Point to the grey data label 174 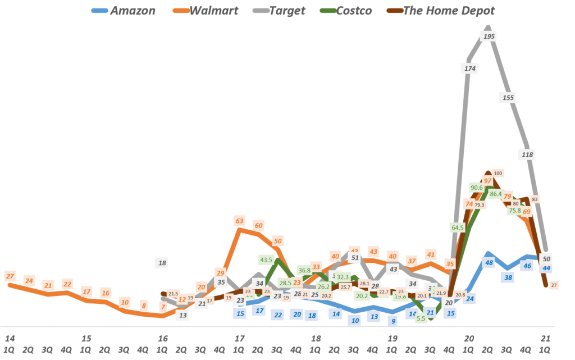(x=470, y=69)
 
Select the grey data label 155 (x=508, y=97)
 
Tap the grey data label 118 (x=527, y=154)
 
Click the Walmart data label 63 (x=240, y=221)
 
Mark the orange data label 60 (x=259, y=225)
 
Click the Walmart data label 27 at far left (x=10, y=276)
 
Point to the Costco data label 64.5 (x=458, y=227)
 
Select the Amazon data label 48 (x=489, y=263)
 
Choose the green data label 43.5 (x=266, y=260)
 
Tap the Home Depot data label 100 (x=498, y=173)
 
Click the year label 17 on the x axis (x=240, y=339)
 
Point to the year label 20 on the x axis (x=469, y=339)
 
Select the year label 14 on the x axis (x=10, y=339)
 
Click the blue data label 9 (x=393, y=321)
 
